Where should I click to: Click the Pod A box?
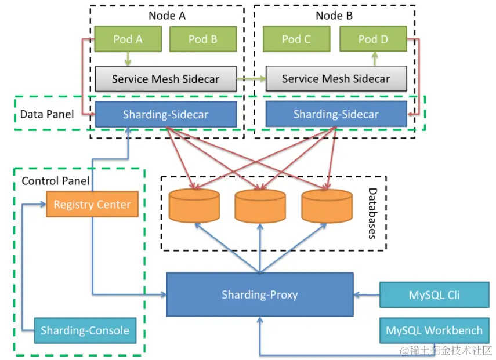[128, 39]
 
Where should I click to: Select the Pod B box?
[202, 39]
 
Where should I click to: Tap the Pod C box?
[296, 39]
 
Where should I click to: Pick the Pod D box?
[372, 39]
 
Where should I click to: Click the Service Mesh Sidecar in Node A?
[165, 79]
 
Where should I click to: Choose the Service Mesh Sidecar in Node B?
[336, 79]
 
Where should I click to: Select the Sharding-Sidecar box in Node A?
[165, 114]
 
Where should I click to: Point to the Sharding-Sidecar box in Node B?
[336, 114]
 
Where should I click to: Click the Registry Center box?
[92, 205]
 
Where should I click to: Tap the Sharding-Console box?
[85, 330]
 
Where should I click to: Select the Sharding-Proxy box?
[259, 294]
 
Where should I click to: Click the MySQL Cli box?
[434, 294]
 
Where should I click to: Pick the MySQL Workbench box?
[434, 330]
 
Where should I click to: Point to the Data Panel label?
[47, 114]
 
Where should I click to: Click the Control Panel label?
[56, 181]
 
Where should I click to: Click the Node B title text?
[334, 16]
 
